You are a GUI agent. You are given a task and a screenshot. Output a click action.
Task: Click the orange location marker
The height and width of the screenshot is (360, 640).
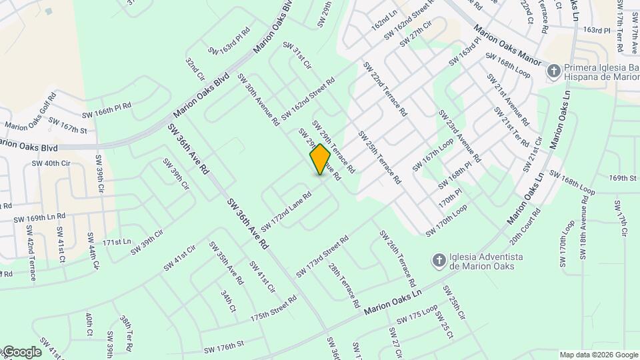coord(320,159)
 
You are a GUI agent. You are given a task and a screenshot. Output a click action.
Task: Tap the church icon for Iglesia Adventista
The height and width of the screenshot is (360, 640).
coord(439,259)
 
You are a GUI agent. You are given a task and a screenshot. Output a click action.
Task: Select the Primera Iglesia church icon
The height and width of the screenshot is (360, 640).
coord(553,70)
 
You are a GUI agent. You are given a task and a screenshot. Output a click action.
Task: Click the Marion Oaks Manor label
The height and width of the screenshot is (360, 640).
coord(508,45)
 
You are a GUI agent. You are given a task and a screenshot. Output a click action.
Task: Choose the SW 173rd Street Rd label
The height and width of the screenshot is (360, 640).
coord(323,257)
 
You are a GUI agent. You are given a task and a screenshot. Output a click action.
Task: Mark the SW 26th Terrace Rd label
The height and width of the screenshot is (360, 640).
coord(398,257)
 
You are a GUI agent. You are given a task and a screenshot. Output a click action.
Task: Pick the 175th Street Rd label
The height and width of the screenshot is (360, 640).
coord(273,308)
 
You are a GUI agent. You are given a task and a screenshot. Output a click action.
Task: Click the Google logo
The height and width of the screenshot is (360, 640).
coord(21,352)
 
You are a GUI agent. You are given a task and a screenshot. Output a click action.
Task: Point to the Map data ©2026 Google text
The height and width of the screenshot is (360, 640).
coord(597,355)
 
